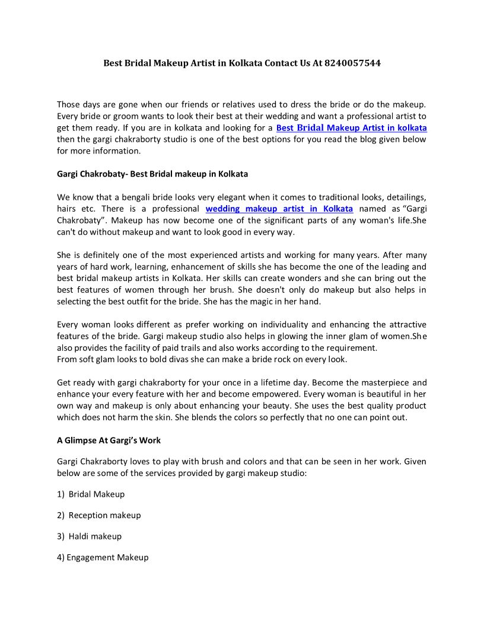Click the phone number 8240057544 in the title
click(352, 62)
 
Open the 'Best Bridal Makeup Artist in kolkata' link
click(351, 127)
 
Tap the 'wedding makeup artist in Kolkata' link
click(279, 209)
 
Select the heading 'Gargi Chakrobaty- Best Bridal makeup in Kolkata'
click(152, 174)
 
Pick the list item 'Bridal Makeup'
click(97, 494)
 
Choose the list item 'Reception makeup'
click(105, 515)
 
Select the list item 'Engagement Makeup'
click(107, 557)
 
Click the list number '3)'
click(61, 536)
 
